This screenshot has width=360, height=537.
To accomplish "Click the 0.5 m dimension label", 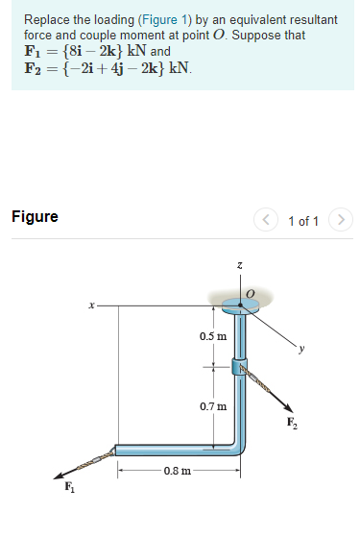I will click(213, 336).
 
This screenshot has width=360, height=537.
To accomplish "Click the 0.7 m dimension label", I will click(213, 406).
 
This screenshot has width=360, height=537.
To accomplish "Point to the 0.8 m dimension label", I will click(177, 471).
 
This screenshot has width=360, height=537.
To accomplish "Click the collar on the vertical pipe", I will click(238, 366).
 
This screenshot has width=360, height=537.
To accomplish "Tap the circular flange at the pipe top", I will click(237, 306).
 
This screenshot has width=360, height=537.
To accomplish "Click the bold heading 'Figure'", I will click(35, 216).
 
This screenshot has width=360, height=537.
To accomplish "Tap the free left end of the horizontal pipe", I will click(117, 450).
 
